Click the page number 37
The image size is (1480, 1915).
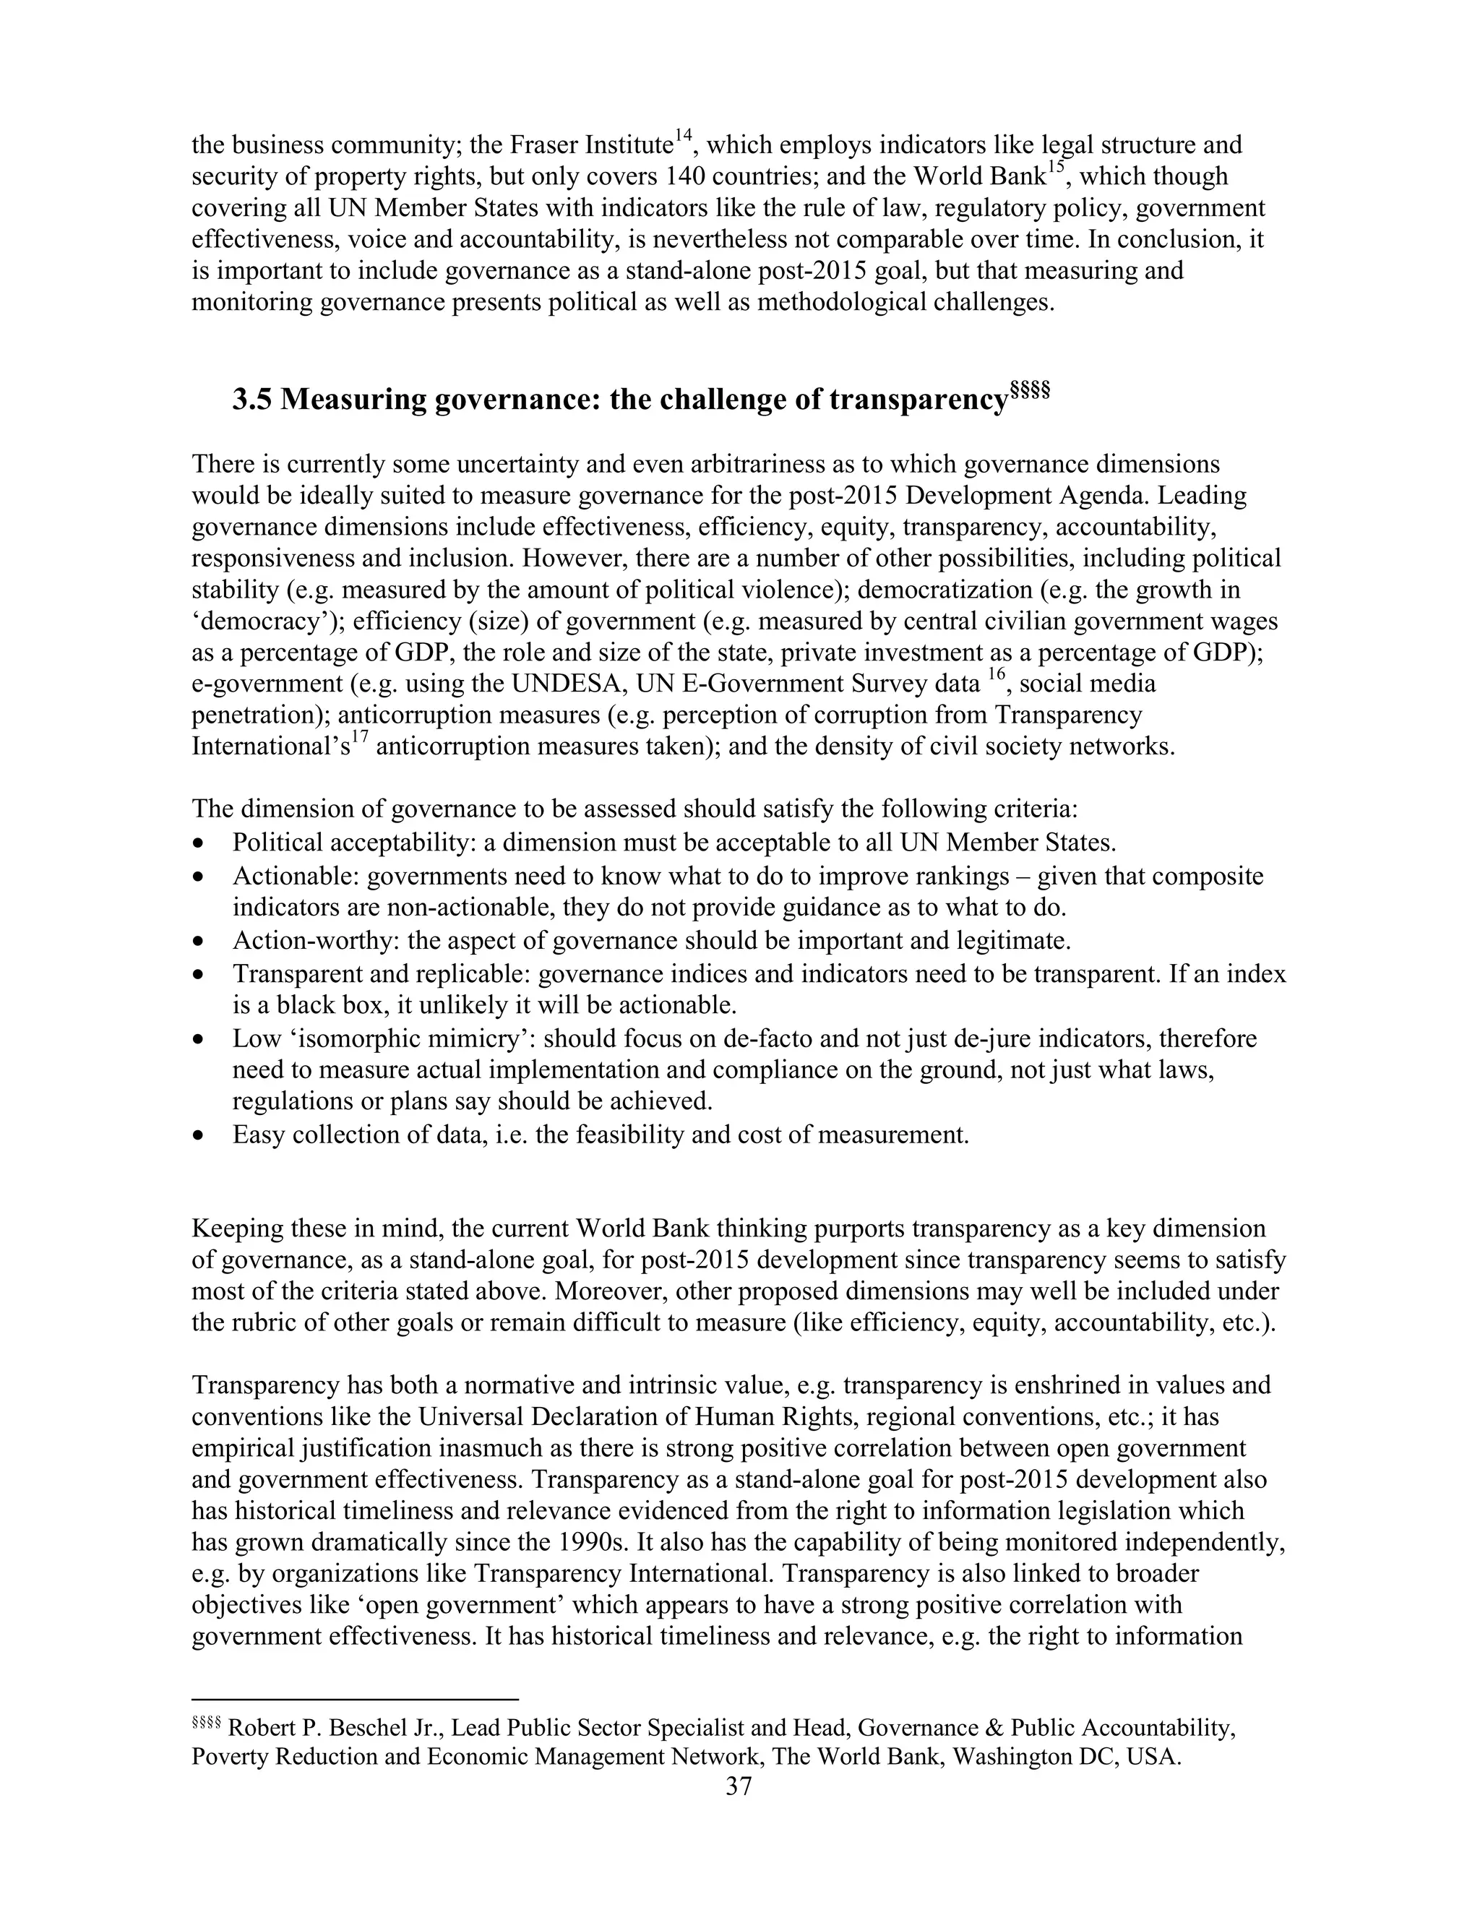pos(739,1787)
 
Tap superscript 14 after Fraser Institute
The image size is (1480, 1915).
pos(683,134)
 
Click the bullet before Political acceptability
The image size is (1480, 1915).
pos(201,843)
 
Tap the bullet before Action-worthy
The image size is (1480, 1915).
pos(201,942)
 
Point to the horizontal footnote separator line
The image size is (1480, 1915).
pos(355,1698)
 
